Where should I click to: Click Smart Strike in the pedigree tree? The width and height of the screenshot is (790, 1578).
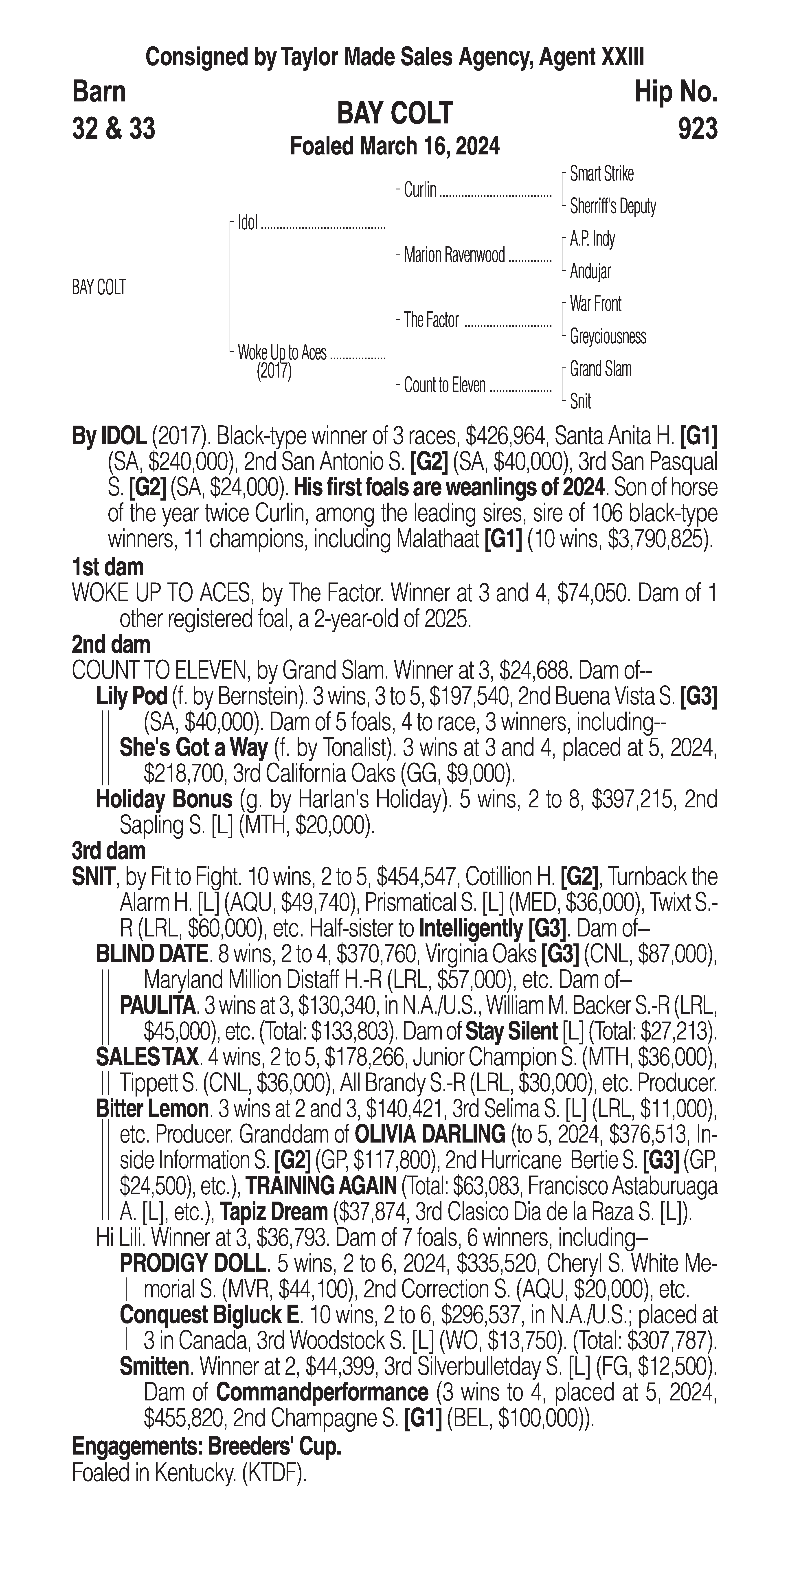click(601, 174)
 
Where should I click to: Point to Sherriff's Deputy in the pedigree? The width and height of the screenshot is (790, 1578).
click(612, 207)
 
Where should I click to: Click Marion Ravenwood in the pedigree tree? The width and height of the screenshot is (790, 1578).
click(454, 255)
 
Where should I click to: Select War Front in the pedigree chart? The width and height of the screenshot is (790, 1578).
click(595, 304)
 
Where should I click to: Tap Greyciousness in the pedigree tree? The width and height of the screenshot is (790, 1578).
click(608, 336)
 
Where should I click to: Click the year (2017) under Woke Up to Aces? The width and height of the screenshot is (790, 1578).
click(274, 371)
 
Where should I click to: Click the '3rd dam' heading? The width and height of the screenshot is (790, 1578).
click(108, 851)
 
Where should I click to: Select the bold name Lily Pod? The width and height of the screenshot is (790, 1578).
click(132, 697)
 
